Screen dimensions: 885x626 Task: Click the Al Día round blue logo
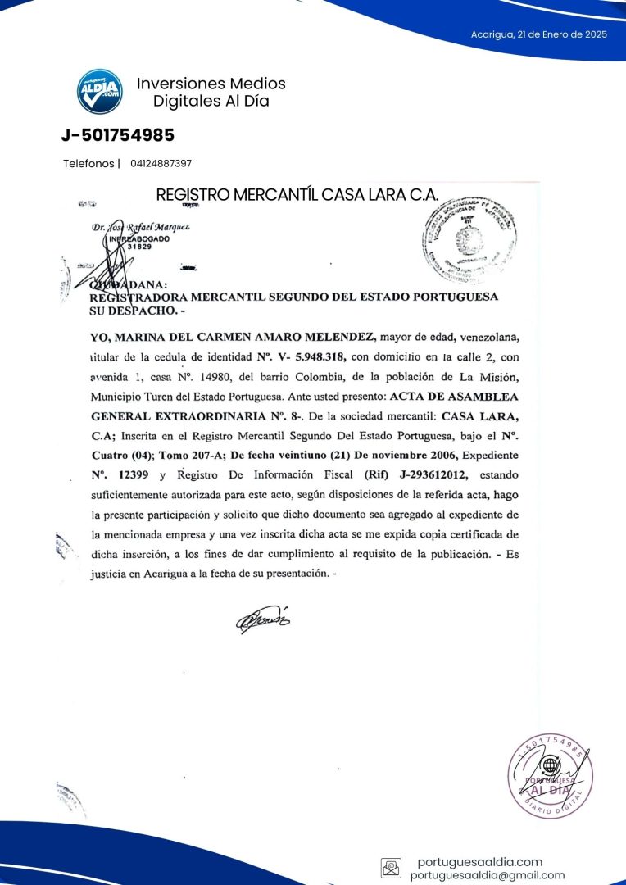[x=99, y=91]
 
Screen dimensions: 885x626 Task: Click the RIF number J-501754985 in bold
[x=118, y=135]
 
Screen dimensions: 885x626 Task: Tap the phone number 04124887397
[x=161, y=163]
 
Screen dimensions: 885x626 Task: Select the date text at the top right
[x=538, y=34]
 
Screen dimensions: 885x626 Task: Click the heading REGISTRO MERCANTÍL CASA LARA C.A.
[x=297, y=195]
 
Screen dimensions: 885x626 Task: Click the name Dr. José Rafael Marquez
[x=140, y=226]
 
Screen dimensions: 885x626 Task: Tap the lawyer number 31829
[x=140, y=246]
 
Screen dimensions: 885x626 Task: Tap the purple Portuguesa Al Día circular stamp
[x=550, y=777]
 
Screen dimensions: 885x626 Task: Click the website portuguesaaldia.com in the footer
[x=479, y=861]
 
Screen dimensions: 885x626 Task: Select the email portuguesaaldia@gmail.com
[x=488, y=875]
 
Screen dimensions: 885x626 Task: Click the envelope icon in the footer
[x=391, y=868]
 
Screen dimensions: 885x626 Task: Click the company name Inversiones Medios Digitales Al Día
[x=211, y=92]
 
